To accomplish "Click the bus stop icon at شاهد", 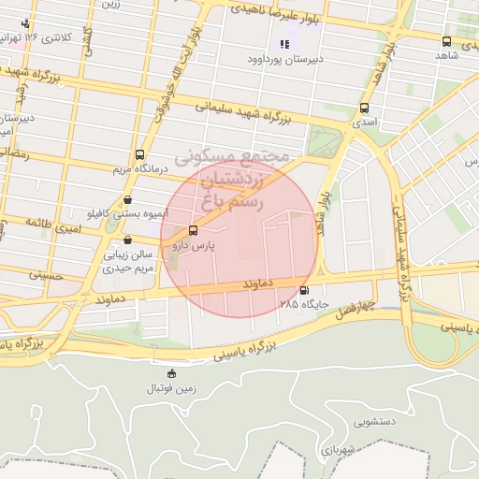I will (446, 41).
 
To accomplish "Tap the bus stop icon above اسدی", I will (364, 107).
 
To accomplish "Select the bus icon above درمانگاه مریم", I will (139, 154).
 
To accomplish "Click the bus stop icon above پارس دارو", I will (194, 230).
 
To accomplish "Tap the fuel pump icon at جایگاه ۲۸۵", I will (303, 290).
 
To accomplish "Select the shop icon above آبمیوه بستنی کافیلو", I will (127, 199).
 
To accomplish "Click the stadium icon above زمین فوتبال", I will (170, 374).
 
